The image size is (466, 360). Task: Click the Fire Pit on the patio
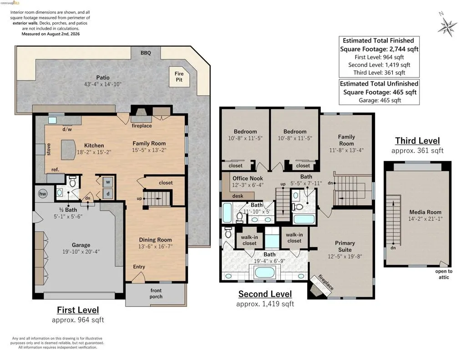click(179, 77)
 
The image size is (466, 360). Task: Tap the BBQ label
click(146, 53)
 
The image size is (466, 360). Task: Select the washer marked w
click(108, 182)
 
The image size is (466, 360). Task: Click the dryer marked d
click(108, 194)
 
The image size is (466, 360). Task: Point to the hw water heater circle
click(43, 194)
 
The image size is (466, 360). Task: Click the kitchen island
click(68, 150)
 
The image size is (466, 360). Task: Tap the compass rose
click(447, 25)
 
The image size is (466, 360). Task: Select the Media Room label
click(425, 212)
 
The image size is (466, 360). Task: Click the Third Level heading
click(417, 141)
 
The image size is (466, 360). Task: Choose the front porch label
click(156, 294)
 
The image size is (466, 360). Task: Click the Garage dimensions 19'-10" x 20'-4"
click(81, 252)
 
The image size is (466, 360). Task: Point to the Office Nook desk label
click(238, 196)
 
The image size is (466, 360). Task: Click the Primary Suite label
click(345, 246)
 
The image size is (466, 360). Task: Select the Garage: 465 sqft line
click(380, 100)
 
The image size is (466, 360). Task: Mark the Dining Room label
click(155, 239)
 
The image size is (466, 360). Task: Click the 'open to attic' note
click(444, 274)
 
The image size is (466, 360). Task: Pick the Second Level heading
click(265, 294)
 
